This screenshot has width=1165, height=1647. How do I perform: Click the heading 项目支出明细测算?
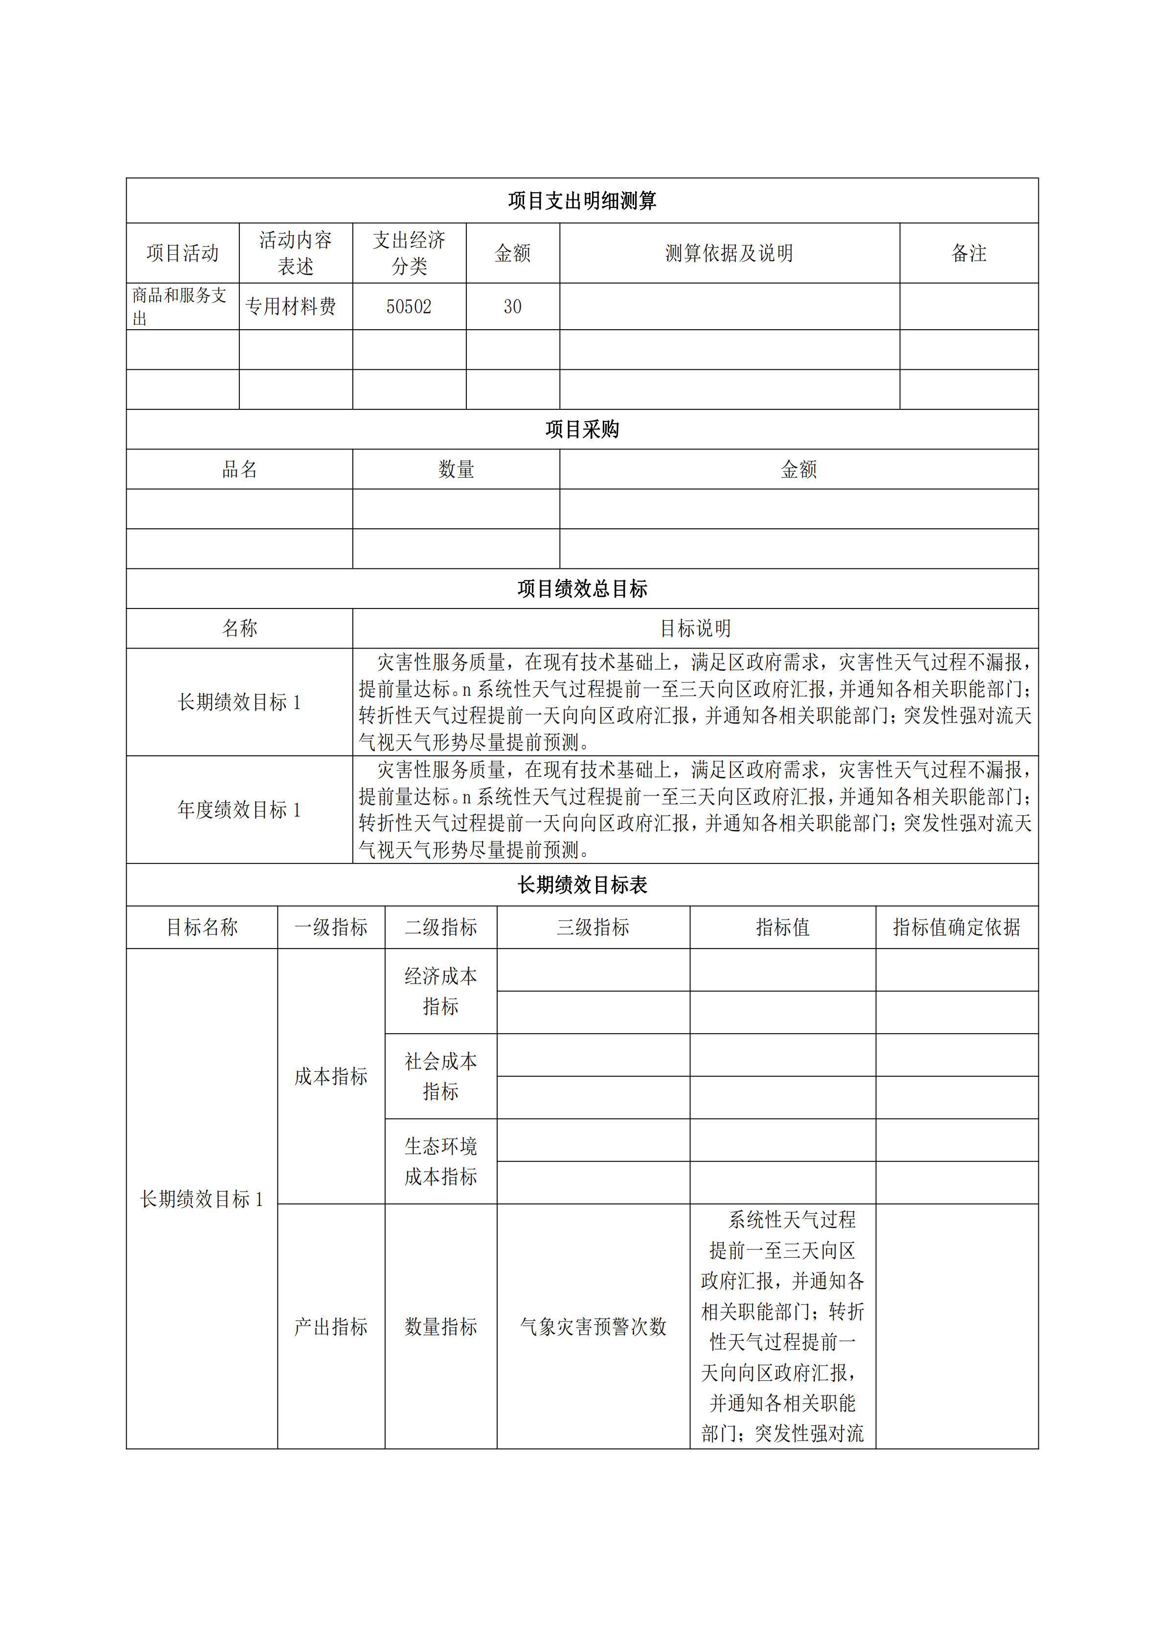[582, 201]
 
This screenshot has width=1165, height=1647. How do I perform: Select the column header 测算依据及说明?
[729, 253]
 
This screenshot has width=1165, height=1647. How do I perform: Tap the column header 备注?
[968, 253]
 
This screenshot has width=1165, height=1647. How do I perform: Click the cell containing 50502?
[409, 307]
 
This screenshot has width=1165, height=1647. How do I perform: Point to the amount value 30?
[512, 307]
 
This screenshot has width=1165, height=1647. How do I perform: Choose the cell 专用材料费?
[291, 307]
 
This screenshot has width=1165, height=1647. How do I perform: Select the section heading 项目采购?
[582, 429]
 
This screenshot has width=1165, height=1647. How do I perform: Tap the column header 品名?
[239, 470]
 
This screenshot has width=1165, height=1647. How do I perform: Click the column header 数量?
[456, 470]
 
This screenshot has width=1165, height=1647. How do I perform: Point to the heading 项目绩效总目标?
[582, 589]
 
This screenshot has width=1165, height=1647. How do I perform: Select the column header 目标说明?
[695, 629]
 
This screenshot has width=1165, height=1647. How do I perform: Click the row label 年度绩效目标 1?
[239, 810]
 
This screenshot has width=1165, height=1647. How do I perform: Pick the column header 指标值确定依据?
[956, 927]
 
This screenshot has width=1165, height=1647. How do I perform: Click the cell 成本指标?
[331, 1076]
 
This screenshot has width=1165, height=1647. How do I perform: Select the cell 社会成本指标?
[440, 1076]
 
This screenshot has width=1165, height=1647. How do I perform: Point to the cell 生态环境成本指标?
[440, 1161]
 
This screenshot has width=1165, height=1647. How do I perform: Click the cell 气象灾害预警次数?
[593, 1327]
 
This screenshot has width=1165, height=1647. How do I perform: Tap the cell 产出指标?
[331, 1327]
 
